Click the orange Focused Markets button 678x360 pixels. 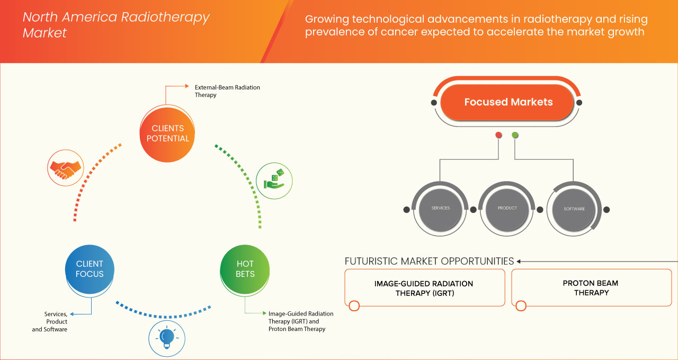coord(508,102)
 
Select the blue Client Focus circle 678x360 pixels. coord(90,268)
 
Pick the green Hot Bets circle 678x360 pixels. coord(245,268)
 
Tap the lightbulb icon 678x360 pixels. coord(166,337)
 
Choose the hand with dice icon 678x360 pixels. coord(274,180)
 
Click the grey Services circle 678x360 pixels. coord(440,208)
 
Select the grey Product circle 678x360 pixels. coord(507,208)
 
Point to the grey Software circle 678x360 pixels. coord(574,209)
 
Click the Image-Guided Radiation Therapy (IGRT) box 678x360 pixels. coord(424,287)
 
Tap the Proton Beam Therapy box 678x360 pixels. coord(591,287)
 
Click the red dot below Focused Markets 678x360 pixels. coord(498,136)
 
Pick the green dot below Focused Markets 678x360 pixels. coord(515,136)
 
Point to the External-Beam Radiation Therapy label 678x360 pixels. coord(227,91)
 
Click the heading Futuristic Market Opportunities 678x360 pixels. coord(429,261)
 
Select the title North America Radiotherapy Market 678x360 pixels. coord(116,25)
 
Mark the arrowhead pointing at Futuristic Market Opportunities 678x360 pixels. coord(519,261)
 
